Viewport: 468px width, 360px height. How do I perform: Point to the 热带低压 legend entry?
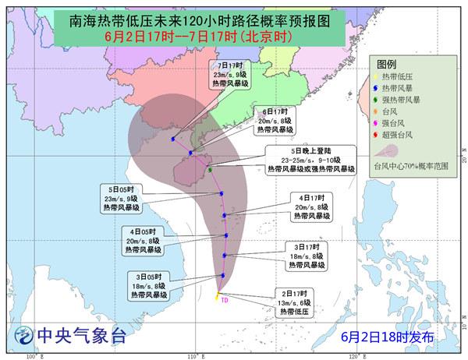point(399,76)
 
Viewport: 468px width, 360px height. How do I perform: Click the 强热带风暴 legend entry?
point(402,99)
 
